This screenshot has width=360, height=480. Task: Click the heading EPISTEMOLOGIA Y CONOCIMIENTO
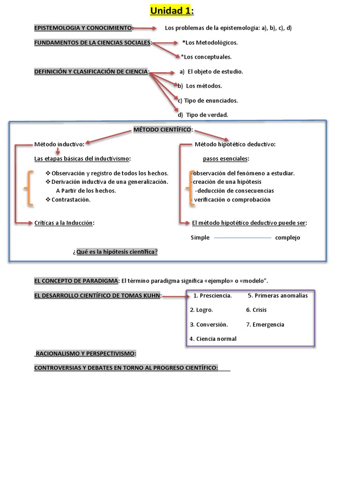click(83, 28)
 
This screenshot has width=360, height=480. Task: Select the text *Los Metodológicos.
click(210, 43)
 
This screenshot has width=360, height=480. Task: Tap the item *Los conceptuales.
click(206, 57)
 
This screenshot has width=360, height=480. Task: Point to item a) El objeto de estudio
click(211, 72)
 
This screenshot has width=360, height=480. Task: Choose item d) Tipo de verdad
click(203, 115)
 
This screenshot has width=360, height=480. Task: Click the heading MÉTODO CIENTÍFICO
click(163, 129)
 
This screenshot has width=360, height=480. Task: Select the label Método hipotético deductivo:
click(235, 144)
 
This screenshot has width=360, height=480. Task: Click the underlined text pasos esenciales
click(225, 158)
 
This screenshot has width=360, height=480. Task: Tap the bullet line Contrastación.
click(70, 200)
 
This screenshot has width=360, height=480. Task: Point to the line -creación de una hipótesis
click(226, 182)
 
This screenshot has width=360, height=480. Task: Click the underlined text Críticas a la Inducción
click(64, 223)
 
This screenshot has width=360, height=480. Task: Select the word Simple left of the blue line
click(200, 238)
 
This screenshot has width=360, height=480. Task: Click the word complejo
click(287, 238)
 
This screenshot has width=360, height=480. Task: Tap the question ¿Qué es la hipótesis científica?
click(115, 252)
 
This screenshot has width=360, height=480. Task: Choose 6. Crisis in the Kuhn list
click(256, 310)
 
